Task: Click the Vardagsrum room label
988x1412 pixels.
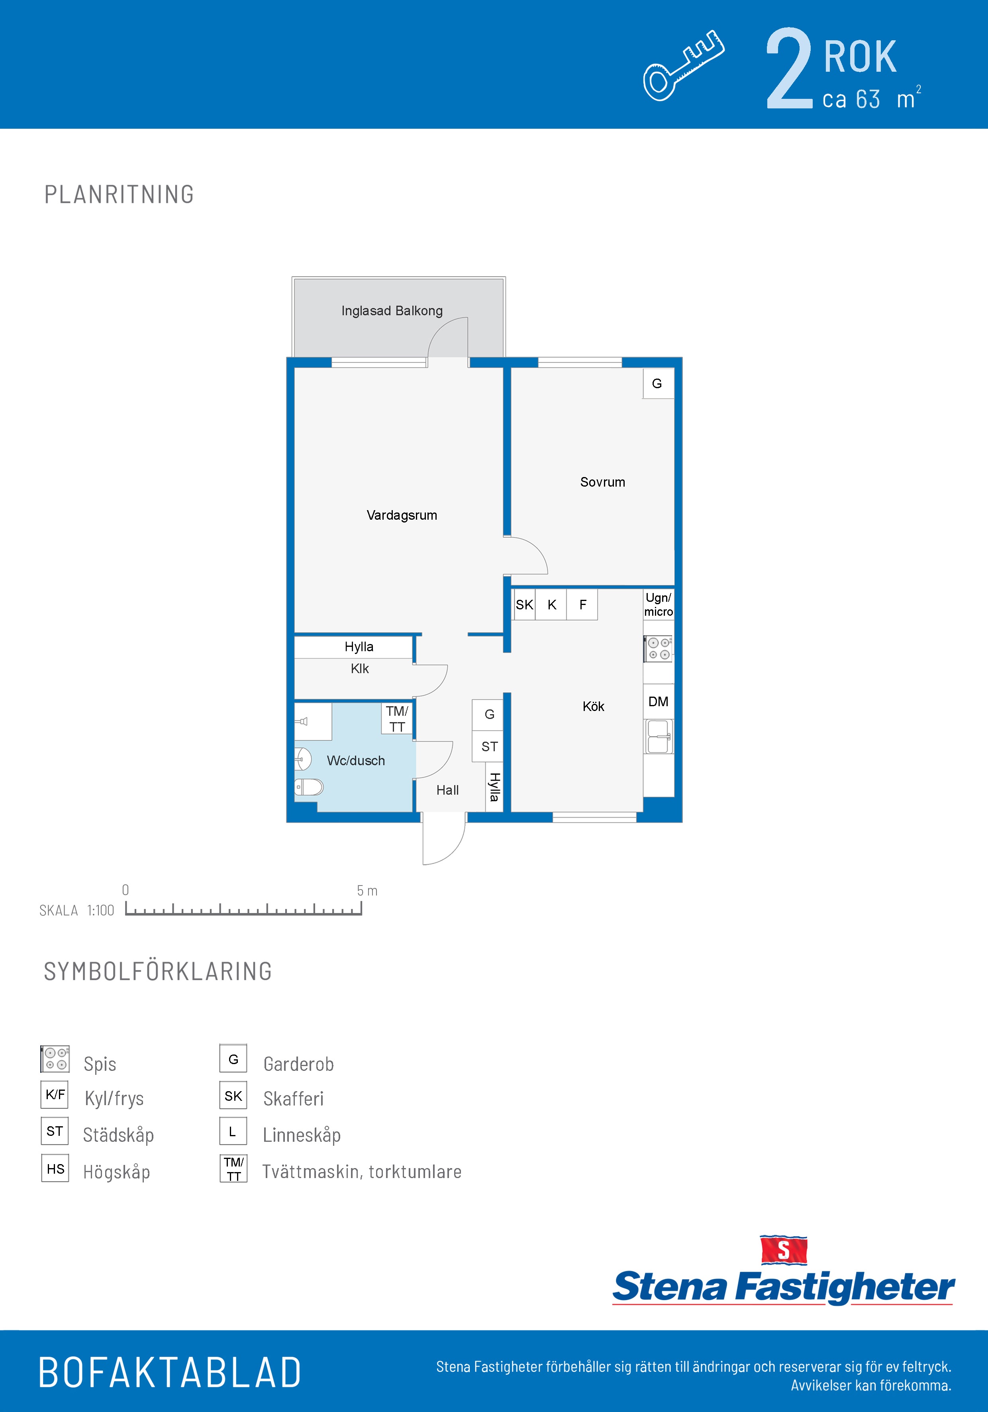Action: tap(402, 515)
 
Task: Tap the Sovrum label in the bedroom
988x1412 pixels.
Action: tap(602, 482)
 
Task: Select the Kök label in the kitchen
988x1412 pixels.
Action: tap(593, 707)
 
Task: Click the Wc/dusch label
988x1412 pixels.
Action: tap(356, 761)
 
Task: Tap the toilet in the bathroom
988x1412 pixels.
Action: tap(309, 787)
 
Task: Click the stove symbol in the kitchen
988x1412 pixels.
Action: tap(659, 649)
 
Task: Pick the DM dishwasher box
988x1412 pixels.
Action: tap(659, 702)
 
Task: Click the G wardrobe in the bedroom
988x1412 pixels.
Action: tap(658, 384)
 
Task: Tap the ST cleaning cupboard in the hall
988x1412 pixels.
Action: tap(489, 746)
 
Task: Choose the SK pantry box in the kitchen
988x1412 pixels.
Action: tap(524, 605)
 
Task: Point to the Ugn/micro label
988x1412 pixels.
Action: tap(659, 605)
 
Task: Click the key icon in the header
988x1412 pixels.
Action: tap(684, 65)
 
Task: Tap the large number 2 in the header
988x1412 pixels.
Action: tap(790, 69)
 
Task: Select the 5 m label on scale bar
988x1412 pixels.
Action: tap(367, 890)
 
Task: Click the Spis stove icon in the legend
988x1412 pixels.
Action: tap(55, 1059)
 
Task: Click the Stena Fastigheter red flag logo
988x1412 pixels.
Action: tap(783, 1250)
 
